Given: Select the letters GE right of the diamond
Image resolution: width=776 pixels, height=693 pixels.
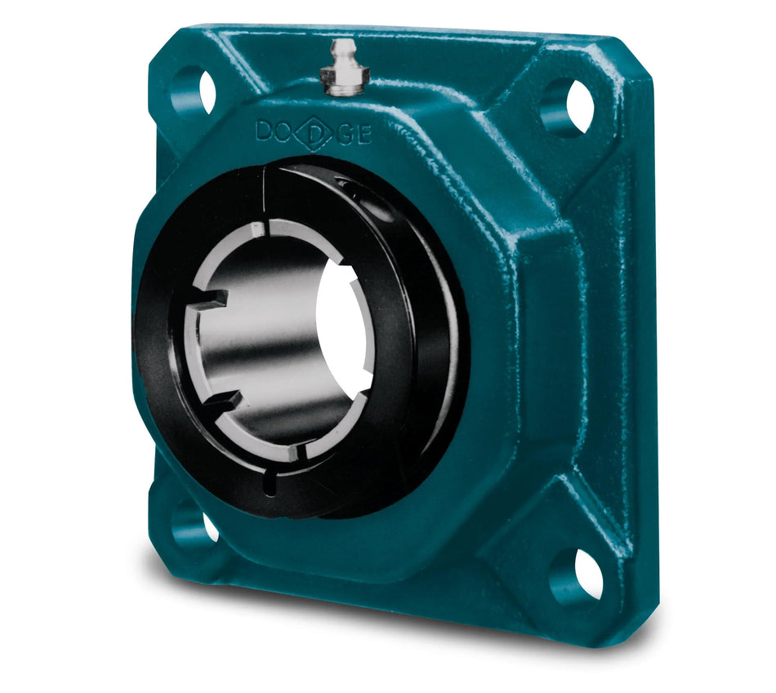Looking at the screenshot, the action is (x=354, y=135).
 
